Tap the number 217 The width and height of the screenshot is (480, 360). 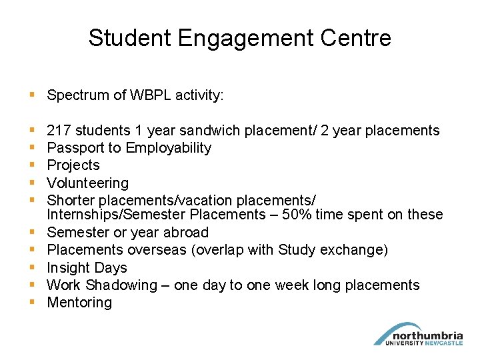point(59,131)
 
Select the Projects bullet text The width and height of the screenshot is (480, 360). point(73,165)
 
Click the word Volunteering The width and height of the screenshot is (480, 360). point(87,183)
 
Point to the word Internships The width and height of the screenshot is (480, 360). point(83,215)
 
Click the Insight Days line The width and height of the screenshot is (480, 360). point(87,267)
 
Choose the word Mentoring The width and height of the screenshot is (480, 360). point(79,303)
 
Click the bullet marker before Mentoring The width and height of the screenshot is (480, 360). point(33,303)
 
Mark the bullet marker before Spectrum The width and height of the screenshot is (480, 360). point(33,95)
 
